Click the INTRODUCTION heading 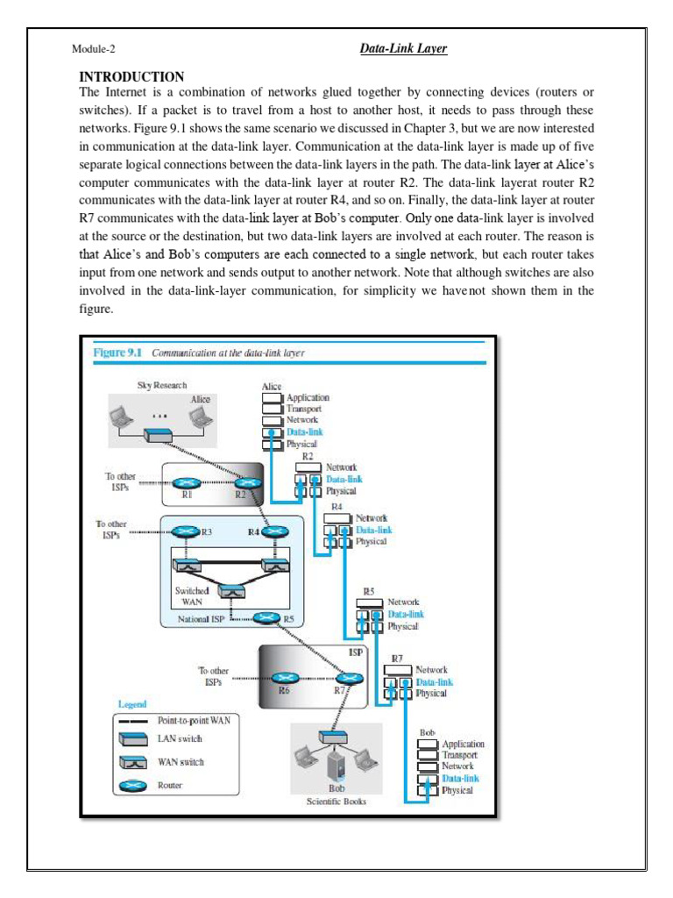(131, 76)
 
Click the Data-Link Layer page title (404, 49)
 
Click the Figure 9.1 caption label (119, 353)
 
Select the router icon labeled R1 (186, 483)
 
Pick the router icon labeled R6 (284, 678)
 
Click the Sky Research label (162, 385)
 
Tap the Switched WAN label (192, 596)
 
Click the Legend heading (131, 704)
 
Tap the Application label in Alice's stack (308, 397)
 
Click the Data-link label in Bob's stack (460, 778)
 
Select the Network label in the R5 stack (403, 602)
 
